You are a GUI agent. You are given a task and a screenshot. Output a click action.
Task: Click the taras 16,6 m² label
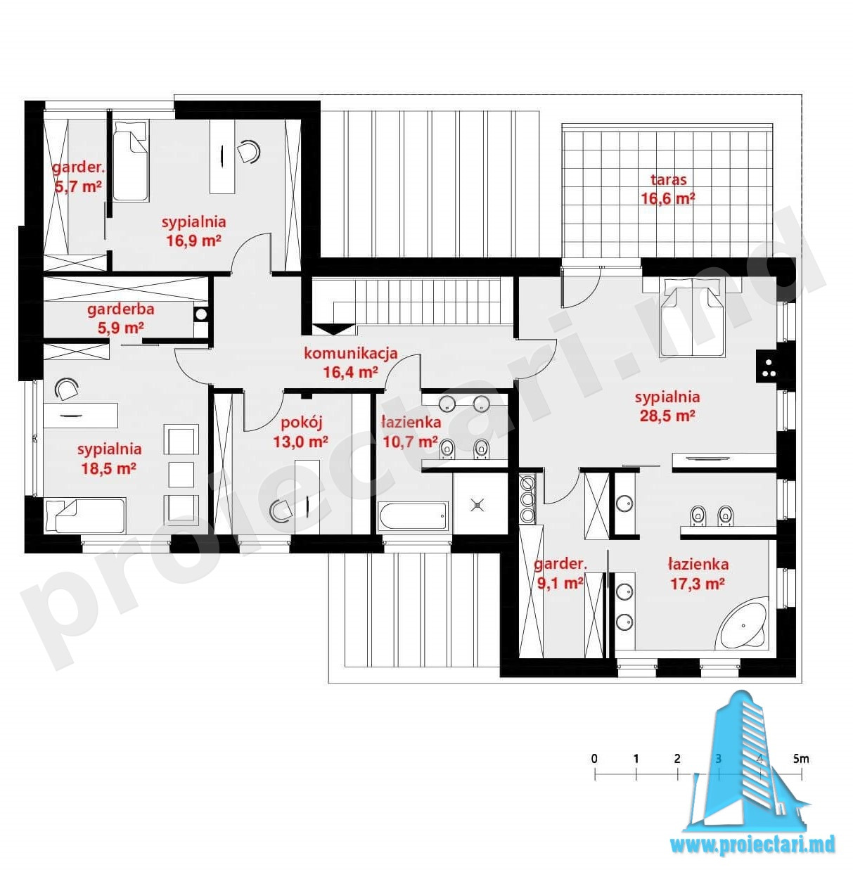coord(668,189)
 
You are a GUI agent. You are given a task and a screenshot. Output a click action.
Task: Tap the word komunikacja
coord(351,353)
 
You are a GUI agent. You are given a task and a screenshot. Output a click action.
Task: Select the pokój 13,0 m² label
coord(300,432)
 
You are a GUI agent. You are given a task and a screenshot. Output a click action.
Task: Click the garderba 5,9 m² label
coord(120,318)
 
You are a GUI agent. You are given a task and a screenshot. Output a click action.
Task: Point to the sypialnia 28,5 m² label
coord(667,406)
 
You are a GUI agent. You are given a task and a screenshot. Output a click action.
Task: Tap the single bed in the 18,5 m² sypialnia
coord(86,515)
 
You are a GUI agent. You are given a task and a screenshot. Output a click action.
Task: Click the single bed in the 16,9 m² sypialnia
coord(130,160)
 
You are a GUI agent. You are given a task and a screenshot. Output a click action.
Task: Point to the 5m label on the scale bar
coord(801,759)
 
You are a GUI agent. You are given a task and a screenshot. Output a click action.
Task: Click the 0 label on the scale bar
coord(594,759)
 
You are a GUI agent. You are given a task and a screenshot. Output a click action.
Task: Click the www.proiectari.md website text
coord(752,845)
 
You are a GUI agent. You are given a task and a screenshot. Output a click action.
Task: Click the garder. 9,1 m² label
coord(560,574)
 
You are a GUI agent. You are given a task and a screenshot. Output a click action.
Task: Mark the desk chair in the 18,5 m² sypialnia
coord(66,388)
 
